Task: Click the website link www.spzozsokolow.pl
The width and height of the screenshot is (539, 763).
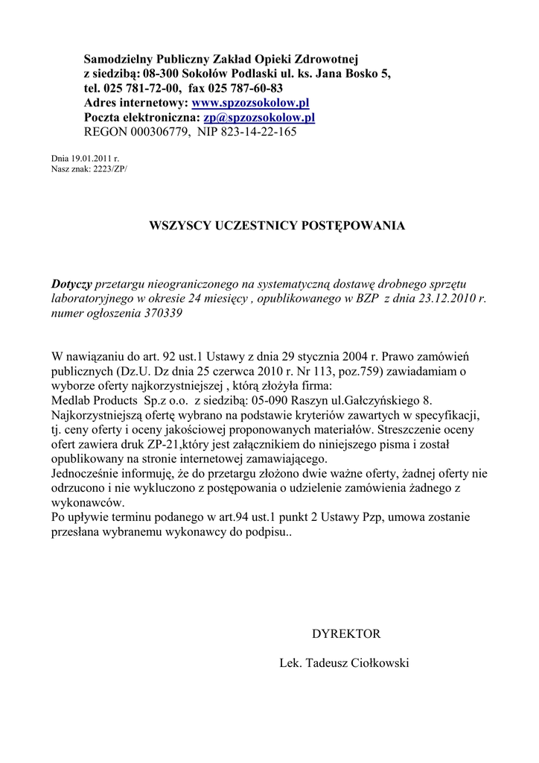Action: point(250,103)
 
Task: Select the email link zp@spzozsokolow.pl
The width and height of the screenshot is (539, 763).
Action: point(259,118)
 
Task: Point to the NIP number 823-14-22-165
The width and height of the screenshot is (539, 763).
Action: point(258,133)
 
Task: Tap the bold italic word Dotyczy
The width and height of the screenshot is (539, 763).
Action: point(71,285)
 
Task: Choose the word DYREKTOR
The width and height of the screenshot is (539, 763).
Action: point(346,634)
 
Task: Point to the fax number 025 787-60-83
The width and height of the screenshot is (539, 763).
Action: point(246,89)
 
